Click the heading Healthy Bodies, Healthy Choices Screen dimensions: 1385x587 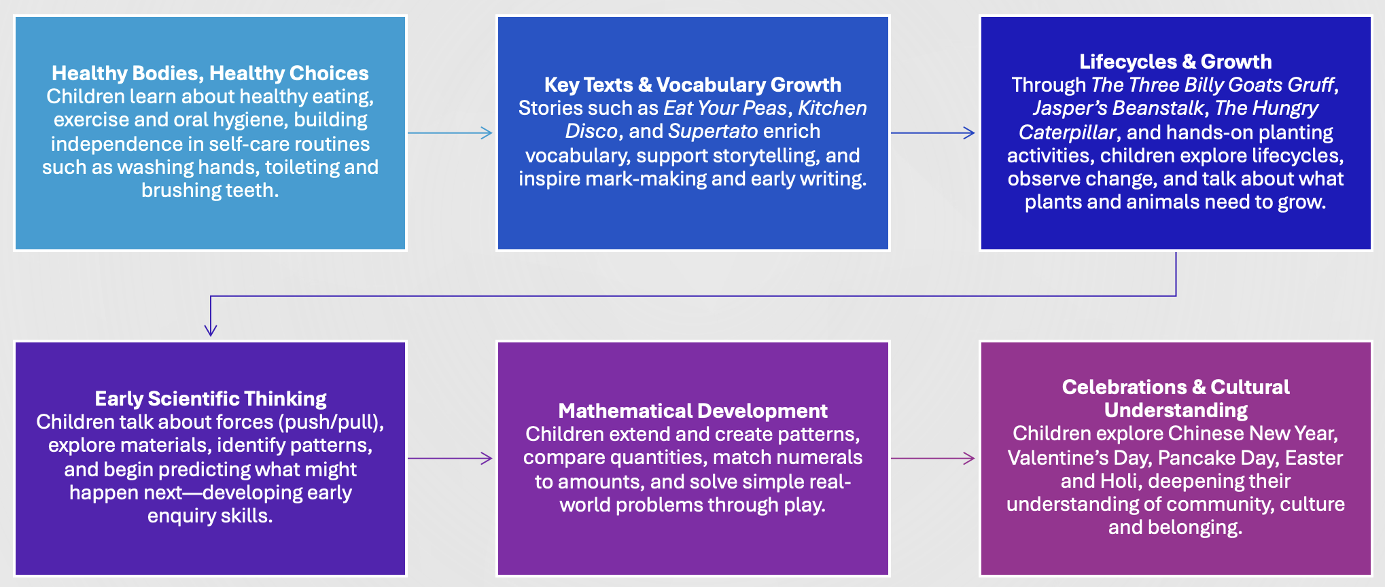point(210,73)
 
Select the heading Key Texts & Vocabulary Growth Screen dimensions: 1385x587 point(692,84)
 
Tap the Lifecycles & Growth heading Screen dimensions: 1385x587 point(1176,61)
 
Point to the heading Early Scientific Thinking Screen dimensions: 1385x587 point(211,398)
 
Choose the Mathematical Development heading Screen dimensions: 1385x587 point(692,410)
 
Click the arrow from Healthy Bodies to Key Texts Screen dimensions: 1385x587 point(450,133)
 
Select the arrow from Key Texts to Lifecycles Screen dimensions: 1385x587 point(933,133)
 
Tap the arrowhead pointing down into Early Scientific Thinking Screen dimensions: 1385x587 point(211,329)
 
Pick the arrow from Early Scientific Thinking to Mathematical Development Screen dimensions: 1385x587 point(450,459)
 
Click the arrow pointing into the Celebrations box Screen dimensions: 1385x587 point(933,459)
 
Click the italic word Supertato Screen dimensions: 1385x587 point(713,131)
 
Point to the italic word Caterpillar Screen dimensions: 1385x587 point(1067,132)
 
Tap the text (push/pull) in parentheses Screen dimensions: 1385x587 point(331,422)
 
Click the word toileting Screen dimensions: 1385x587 point(304,167)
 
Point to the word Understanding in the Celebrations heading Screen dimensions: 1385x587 point(1176,410)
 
